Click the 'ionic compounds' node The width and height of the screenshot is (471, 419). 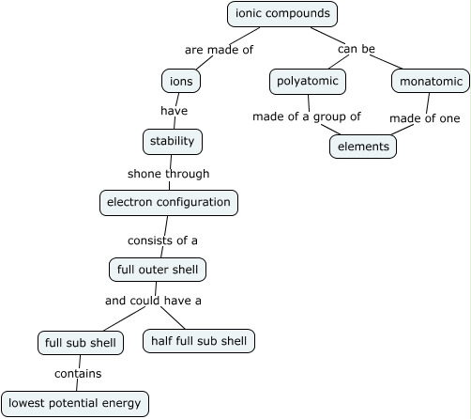(282, 13)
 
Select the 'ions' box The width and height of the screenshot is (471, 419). (181, 81)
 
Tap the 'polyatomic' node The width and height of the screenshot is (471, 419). (308, 82)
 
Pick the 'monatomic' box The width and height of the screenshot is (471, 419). (431, 82)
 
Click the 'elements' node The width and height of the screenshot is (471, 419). (363, 147)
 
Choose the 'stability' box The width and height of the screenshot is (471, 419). (173, 142)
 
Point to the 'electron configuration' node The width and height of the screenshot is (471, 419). (169, 202)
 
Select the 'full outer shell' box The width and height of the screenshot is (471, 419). (157, 270)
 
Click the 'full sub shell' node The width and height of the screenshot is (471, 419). (81, 343)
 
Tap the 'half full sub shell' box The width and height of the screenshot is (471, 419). (199, 340)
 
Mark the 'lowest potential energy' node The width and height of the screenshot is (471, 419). (75, 404)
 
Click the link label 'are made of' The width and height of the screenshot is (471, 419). (219, 50)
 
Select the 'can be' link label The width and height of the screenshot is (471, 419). (357, 49)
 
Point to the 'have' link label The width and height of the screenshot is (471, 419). (174, 111)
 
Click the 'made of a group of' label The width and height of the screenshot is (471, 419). (307, 117)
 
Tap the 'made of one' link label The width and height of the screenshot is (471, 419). (425, 118)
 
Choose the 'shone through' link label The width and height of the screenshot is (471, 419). (169, 174)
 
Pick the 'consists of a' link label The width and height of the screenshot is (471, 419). (163, 241)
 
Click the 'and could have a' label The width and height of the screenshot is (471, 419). (153, 301)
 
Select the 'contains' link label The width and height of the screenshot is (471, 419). (78, 374)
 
